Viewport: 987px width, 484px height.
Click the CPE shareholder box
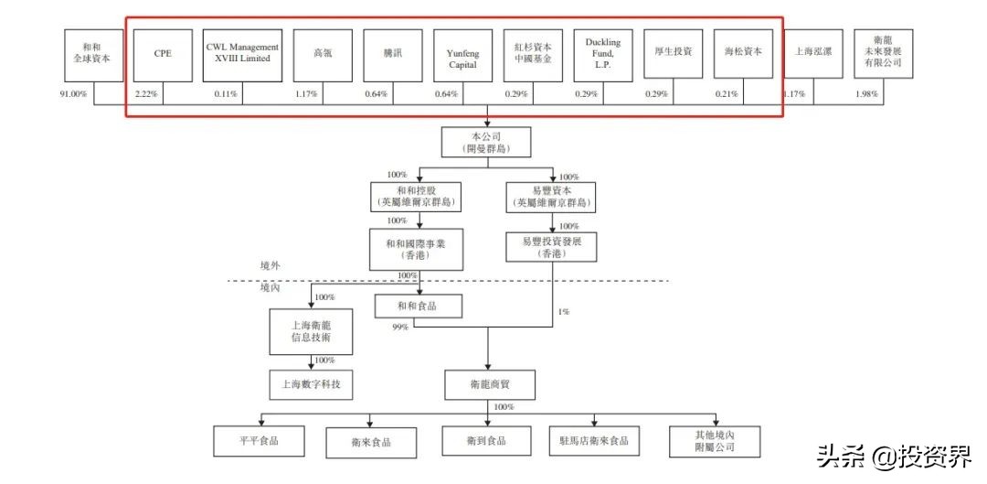[x=162, y=53]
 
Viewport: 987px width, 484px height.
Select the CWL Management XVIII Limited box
[x=242, y=53]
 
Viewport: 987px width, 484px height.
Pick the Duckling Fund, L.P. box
[x=603, y=53]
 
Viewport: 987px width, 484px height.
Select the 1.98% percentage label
[x=867, y=93]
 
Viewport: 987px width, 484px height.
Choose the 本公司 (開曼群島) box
[x=486, y=142]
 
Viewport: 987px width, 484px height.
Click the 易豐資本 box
[x=551, y=195]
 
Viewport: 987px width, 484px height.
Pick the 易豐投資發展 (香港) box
[x=551, y=246]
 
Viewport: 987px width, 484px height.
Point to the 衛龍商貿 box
[x=486, y=384]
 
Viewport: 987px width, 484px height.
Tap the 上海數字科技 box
[x=311, y=384]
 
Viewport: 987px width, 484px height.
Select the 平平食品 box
[x=259, y=441]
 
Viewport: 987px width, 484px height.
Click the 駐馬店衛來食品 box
[x=595, y=441]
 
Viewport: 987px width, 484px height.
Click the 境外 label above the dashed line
[x=270, y=265]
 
